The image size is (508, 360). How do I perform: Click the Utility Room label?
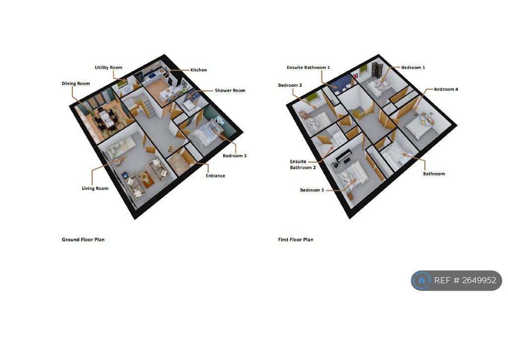click(109, 67)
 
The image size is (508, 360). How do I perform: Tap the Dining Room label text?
click(76, 83)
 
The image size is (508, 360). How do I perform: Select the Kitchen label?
click(198, 70)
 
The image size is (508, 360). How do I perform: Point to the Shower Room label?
click(230, 91)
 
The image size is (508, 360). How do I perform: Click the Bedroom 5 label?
click(235, 156)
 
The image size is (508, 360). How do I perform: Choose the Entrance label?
click(215, 176)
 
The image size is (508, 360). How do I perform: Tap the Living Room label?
click(95, 188)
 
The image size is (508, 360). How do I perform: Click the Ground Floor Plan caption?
click(83, 240)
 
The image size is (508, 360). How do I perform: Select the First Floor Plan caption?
click(296, 240)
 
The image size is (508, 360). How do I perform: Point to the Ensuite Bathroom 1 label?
click(308, 67)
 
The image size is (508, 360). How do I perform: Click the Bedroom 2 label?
click(290, 85)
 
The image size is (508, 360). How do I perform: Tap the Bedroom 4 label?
click(446, 89)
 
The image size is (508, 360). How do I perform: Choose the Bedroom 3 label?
click(312, 190)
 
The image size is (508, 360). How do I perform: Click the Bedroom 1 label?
click(413, 67)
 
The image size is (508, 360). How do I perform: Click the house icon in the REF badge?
click(422, 280)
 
